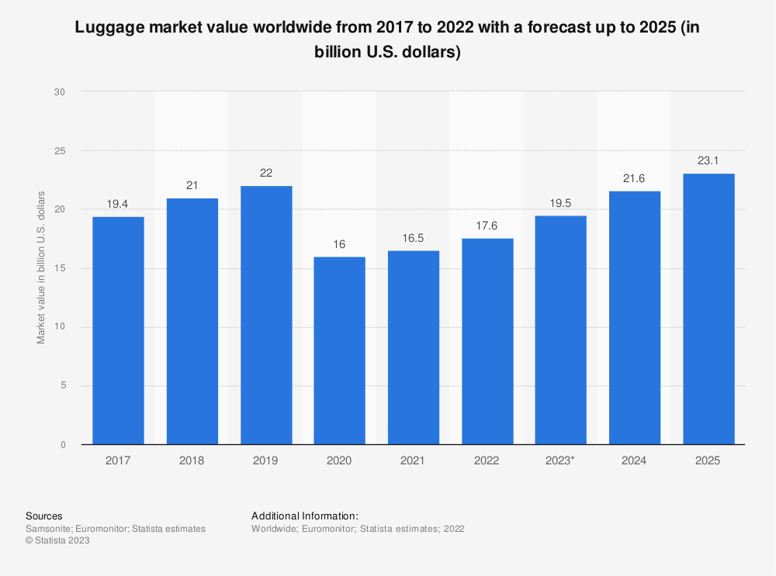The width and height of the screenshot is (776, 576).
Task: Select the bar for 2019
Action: [266, 315]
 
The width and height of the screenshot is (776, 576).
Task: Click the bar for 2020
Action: [339, 350]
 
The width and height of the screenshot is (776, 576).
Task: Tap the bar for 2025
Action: [708, 309]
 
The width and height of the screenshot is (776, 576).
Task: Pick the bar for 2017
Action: [118, 330]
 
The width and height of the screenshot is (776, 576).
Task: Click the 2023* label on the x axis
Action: [561, 460]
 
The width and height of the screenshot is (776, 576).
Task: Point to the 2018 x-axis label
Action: [192, 460]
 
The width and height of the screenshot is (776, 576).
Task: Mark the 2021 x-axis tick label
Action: [413, 460]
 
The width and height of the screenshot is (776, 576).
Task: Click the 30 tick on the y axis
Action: [60, 92]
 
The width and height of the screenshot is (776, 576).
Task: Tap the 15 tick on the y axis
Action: [60, 268]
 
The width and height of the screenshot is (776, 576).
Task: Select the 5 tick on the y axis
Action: [63, 385]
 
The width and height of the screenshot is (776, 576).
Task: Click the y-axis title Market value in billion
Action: [41, 267]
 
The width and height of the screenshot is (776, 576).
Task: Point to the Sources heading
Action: [43, 516]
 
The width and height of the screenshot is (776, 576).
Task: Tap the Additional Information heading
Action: [304, 516]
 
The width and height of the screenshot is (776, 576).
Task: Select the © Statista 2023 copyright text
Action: [57, 541]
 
